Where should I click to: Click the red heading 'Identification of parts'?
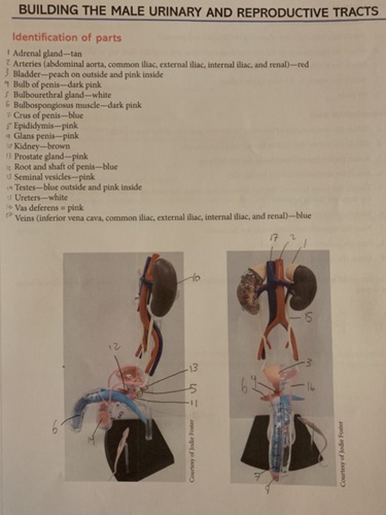67,38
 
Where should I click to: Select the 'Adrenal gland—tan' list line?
47,54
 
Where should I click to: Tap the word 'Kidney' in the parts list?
26,146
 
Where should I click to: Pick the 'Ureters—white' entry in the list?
41,197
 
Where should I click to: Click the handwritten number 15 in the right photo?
308,318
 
